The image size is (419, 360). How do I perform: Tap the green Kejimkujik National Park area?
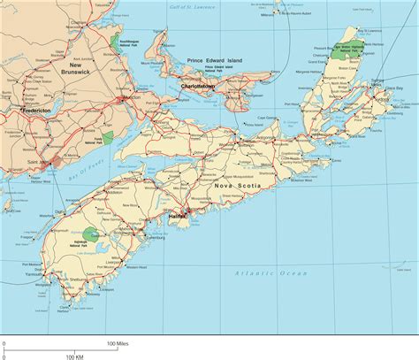click(x=103, y=234)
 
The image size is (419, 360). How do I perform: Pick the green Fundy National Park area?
click(x=108, y=138)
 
